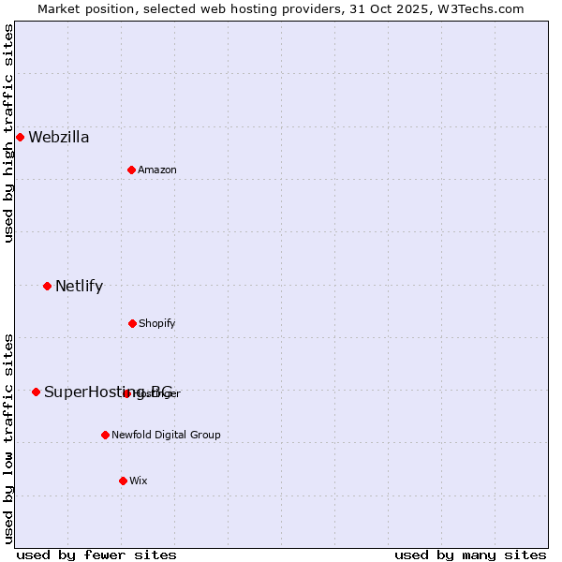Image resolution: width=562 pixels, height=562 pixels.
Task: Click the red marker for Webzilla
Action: click(x=20, y=137)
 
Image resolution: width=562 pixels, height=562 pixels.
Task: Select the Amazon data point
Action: click(x=131, y=170)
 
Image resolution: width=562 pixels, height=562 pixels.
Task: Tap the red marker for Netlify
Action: click(x=47, y=286)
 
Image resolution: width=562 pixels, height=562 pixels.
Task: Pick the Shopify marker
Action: click(x=132, y=323)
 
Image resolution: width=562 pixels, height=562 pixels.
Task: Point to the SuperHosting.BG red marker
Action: click(x=36, y=392)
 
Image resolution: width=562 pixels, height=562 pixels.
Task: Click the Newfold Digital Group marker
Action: click(x=105, y=435)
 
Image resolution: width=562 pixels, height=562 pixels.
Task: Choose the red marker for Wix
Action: click(x=123, y=481)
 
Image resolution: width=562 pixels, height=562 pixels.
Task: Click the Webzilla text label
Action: click(x=59, y=138)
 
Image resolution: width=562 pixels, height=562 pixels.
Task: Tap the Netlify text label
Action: click(x=79, y=287)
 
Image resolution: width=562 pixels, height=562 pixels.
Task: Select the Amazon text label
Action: click(x=157, y=170)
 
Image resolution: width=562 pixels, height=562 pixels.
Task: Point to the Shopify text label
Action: click(x=157, y=324)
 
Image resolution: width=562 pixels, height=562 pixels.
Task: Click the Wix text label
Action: click(x=139, y=481)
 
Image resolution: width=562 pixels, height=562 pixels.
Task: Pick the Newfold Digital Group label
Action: click(x=167, y=436)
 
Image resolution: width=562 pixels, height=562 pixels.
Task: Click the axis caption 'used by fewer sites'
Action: click(x=96, y=555)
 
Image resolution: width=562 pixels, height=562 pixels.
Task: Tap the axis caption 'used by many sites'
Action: click(x=470, y=555)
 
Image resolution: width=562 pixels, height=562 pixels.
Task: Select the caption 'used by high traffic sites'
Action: click(x=8, y=133)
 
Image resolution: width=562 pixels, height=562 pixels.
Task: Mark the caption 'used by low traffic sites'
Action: click(x=8, y=438)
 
